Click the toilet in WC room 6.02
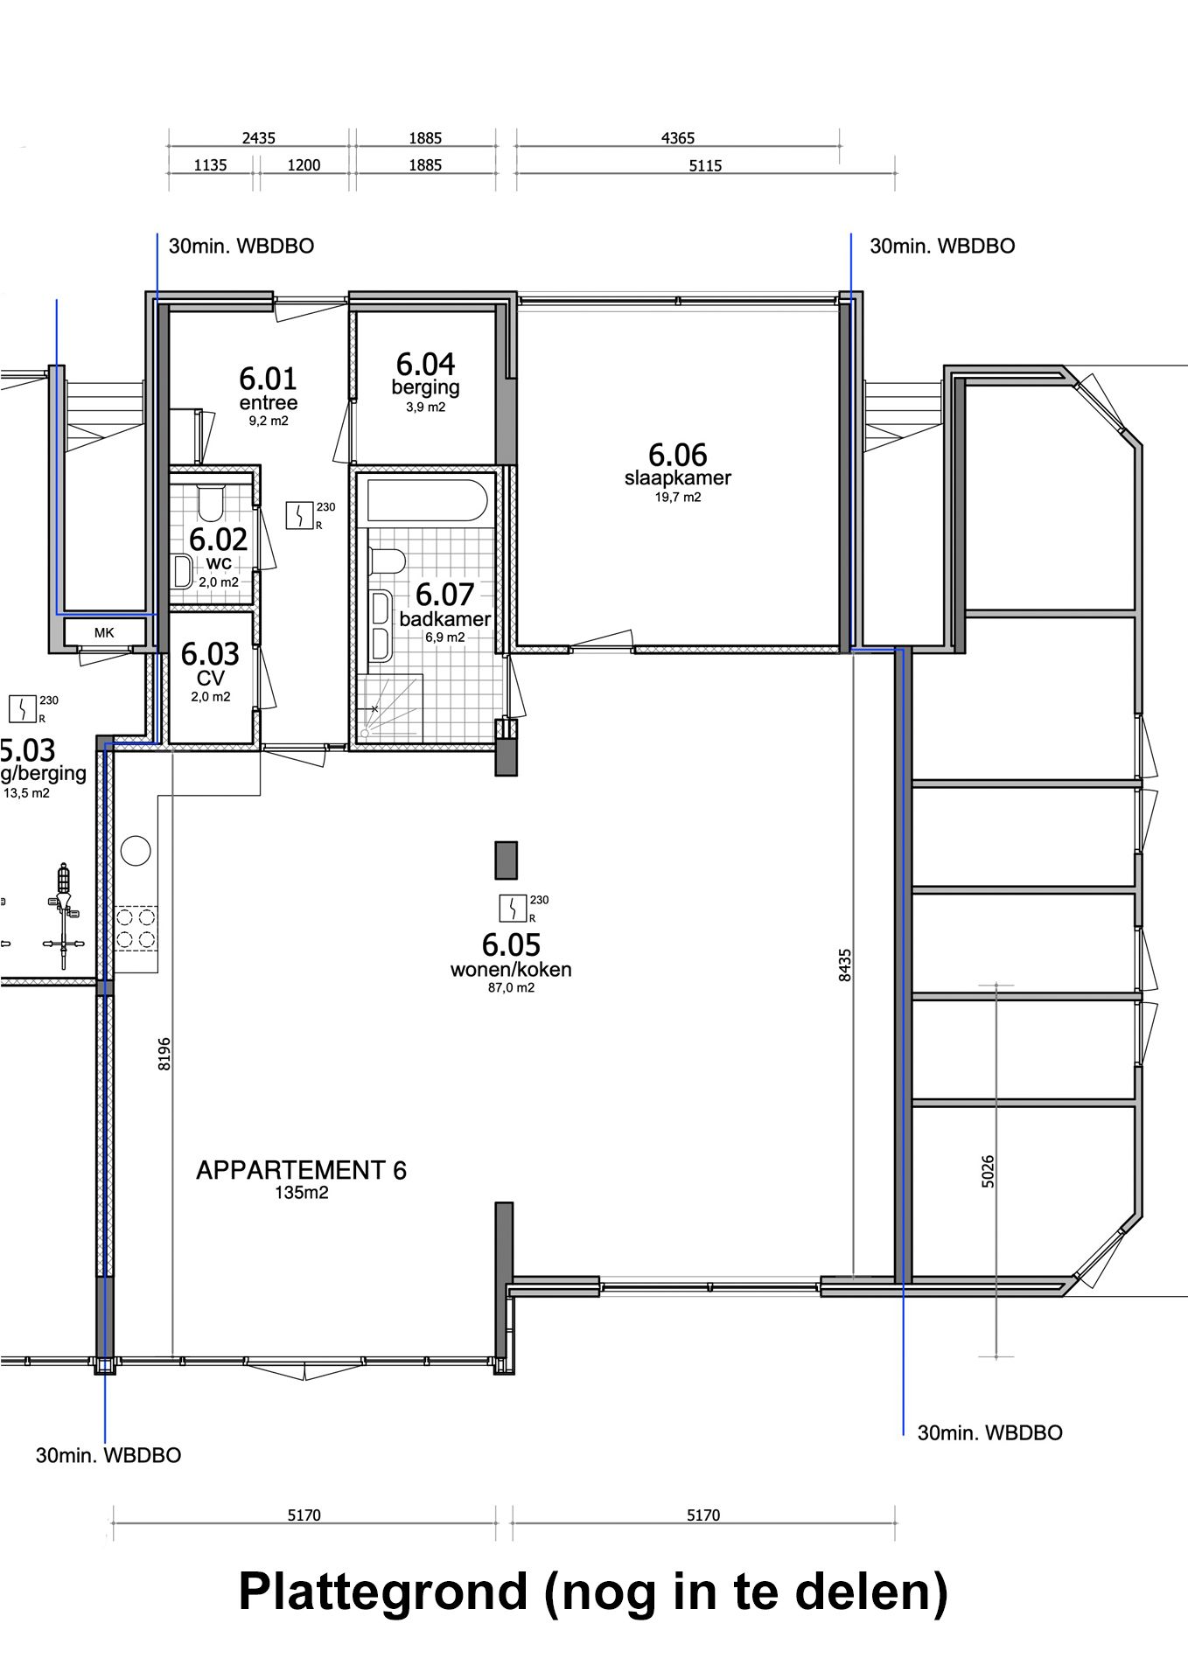(211, 504)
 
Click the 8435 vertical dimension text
(844, 965)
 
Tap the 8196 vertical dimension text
(164, 1054)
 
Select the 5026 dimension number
(988, 1171)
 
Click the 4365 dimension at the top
(678, 138)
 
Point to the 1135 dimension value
(210, 164)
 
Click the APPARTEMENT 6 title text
(301, 1170)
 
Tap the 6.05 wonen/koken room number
(511, 944)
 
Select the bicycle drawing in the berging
(62, 915)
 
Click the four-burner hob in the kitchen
(136, 929)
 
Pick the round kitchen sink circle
(136, 850)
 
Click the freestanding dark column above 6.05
(507, 860)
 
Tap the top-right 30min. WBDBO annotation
(942, 247)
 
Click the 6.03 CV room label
(210, 665)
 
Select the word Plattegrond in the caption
(383, 1592)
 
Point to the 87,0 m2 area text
(511, 988)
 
